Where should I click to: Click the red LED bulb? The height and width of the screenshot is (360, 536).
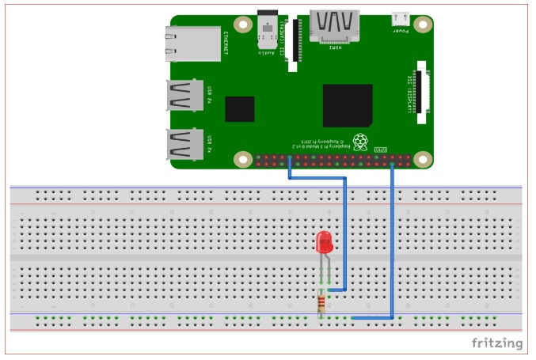[x=323, y=243]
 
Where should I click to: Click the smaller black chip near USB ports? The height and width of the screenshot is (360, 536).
[x=239, y=108]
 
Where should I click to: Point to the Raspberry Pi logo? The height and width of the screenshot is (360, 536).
[x=361, y=142]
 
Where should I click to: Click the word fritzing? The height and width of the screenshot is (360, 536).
[x=497, y=343]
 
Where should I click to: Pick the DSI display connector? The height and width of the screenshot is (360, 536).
[x=421, y=86]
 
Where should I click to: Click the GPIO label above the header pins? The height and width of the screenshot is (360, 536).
[x=381, y=150]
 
